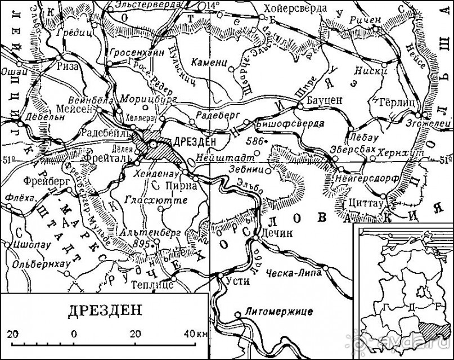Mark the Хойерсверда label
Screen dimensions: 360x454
300,10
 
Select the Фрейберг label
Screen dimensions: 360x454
43,181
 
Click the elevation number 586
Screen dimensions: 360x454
254,138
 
